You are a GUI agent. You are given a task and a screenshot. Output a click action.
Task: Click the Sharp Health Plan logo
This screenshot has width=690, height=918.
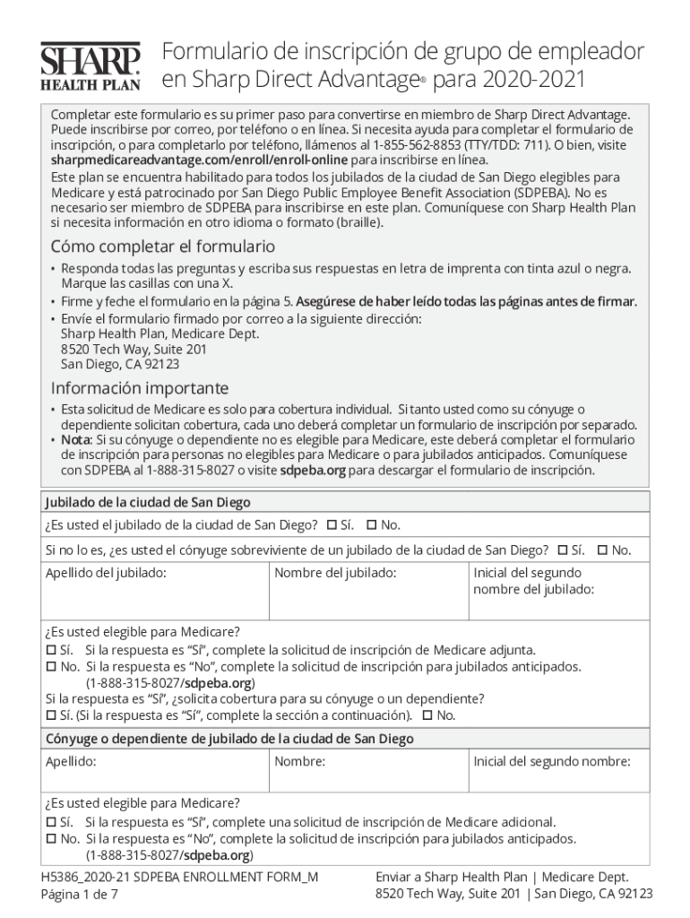click(90, 66)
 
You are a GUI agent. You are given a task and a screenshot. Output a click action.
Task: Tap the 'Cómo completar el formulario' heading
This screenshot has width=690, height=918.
click(162, 246)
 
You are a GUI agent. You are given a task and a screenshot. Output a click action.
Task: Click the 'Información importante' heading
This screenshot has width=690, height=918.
click(139, 388)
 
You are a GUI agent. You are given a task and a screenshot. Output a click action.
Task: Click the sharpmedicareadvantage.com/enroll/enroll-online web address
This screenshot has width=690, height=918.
click(199, 160)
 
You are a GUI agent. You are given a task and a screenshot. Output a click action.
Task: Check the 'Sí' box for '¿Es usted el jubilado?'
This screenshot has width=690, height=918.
click(331, 524)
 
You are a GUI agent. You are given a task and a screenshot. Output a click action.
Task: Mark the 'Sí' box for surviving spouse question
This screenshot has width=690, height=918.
click(562, 550)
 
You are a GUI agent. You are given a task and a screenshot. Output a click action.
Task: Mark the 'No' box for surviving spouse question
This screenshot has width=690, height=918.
click(602, 550)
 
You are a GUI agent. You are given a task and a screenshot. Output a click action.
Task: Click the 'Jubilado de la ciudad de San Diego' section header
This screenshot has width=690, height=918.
click(148, 502)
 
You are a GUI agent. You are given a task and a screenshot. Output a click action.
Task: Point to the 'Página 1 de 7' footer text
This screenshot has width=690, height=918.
click(83, 894)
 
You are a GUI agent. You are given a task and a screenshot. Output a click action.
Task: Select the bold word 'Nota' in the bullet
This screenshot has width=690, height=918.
click(76, 440)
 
